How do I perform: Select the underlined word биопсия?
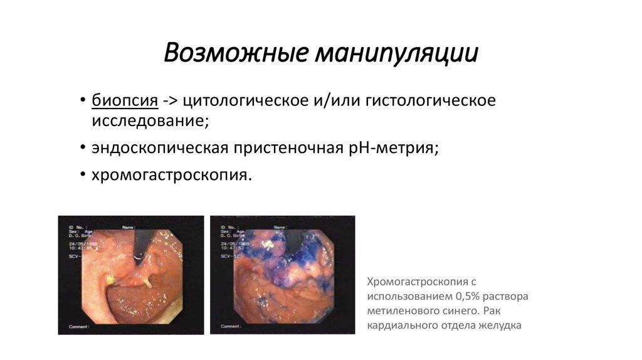[x=124, y=100]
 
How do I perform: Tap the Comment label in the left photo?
[x=80, y=327]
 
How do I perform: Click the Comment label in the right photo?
[x=231, y=327]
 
